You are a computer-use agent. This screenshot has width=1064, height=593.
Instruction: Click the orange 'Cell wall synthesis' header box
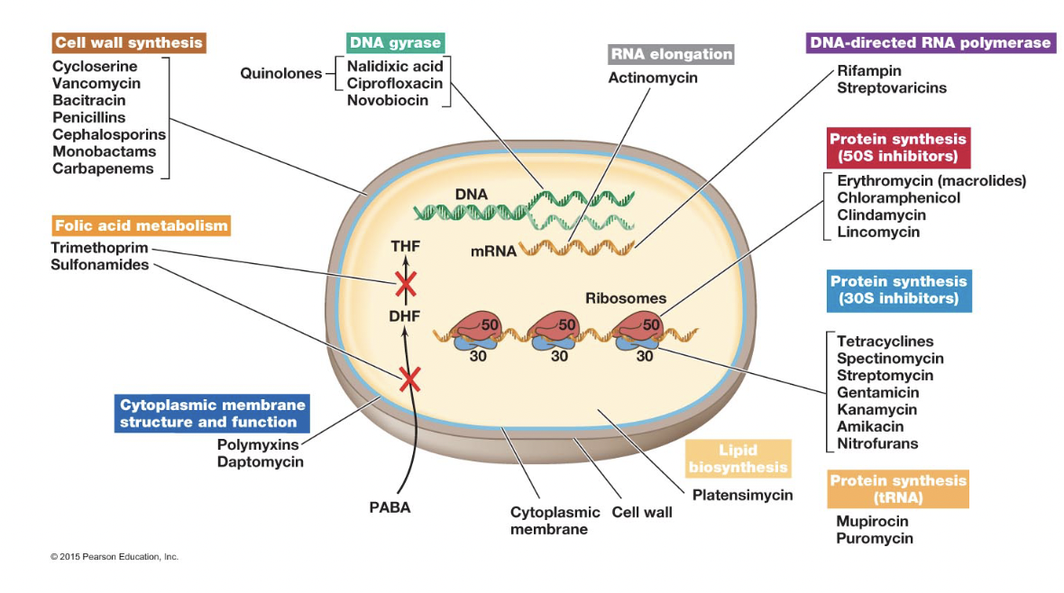click(x=128, y=42)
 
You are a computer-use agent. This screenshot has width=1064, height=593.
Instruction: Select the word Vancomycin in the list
click(x=96, y=84)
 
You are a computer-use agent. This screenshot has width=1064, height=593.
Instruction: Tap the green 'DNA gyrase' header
click(x=395, y=42)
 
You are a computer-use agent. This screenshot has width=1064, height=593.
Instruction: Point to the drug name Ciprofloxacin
click(x=394, y=83)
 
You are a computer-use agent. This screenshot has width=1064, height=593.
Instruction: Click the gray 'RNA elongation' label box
click(x=671, y=54)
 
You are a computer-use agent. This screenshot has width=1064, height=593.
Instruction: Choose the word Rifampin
click(x=868, y=70)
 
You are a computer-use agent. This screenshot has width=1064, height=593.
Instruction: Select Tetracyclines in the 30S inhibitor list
click(x=885, y=342)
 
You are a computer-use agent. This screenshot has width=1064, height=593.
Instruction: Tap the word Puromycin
click(x=874, y=539)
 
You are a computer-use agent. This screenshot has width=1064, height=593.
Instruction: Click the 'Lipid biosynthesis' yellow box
click(x=738, y=459)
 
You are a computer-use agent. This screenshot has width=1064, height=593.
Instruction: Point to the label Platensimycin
click(x=742, y=495)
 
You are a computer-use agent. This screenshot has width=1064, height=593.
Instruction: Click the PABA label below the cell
click(x=390, y=507)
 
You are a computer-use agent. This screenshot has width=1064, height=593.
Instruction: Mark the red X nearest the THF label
click(x=405, y=284)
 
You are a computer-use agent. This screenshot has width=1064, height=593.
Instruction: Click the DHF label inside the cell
click(x=405, y=316)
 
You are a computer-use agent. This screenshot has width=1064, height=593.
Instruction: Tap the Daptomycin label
click(x=260, y=461)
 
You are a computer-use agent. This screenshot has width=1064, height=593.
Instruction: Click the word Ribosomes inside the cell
click(x=625, y=298)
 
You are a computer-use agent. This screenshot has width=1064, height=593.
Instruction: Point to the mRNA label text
click(x=493, y=251)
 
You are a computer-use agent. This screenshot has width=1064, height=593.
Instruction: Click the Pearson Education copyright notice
click(x=115, y=557)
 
